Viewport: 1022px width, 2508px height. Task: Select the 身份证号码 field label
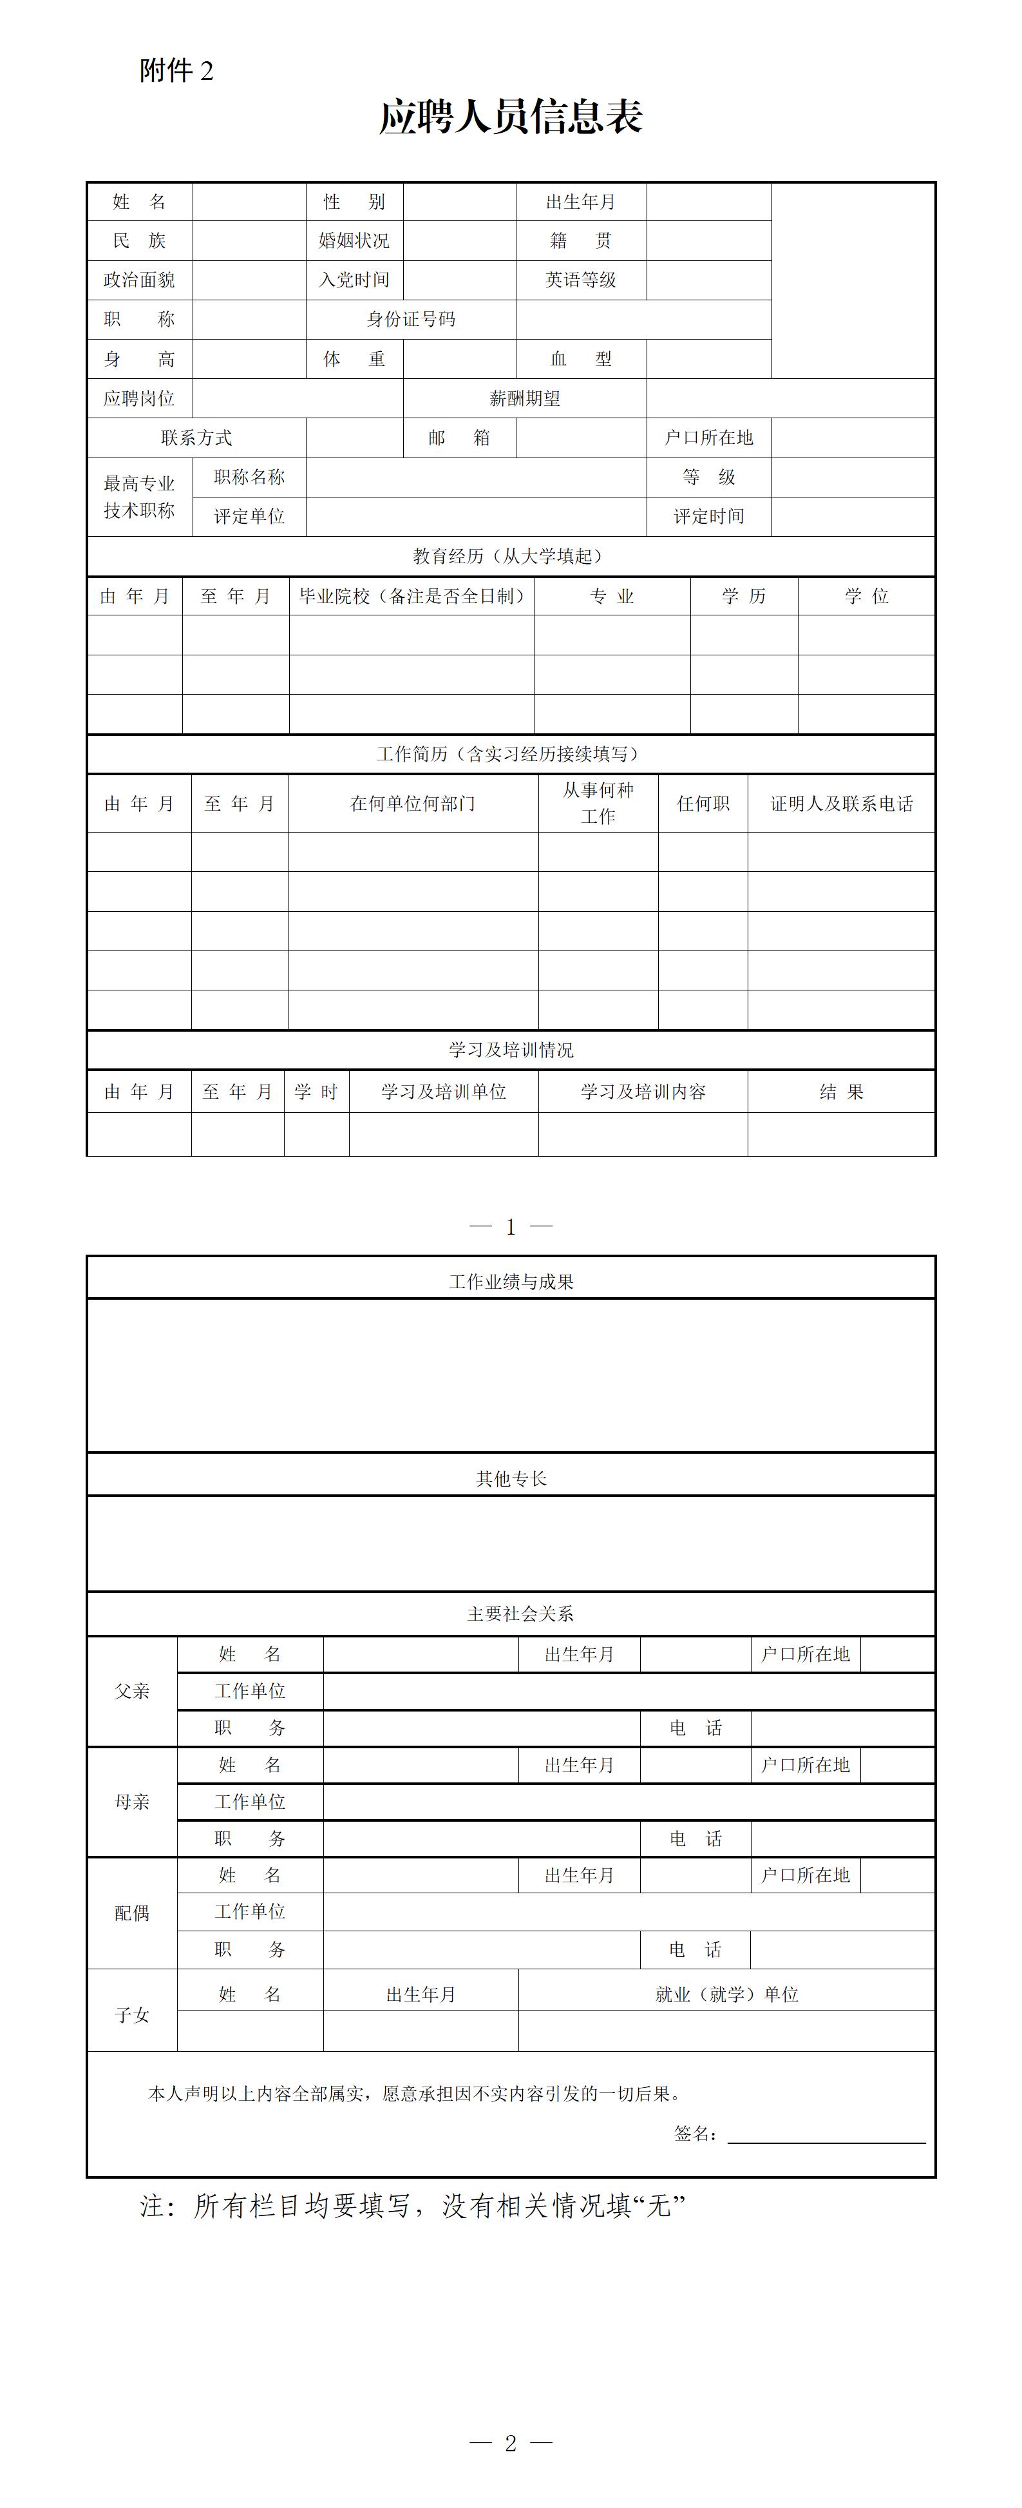[x=411, y=320]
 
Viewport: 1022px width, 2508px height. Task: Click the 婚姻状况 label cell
[x=354, y=240]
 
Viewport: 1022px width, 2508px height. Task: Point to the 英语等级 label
[x=581, y=280]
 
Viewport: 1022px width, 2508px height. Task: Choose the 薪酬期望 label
[x=525, y=398]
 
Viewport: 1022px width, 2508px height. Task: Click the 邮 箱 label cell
[x=459, y=438]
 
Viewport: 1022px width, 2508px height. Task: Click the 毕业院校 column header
[x=412, y=596]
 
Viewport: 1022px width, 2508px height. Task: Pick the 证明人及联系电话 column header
[x=841, y=803]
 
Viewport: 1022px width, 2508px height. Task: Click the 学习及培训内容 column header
[x=643, y=1092]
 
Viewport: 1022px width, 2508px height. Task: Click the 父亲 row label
[x=133, y=1691]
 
